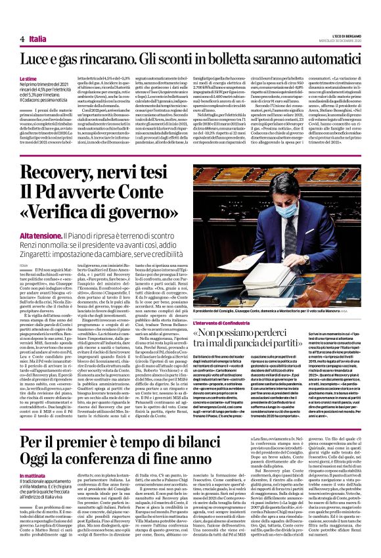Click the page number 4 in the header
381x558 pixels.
tap(22, 39)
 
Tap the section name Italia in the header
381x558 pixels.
tap(38, 39)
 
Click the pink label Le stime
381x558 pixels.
tap(28, 78)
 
